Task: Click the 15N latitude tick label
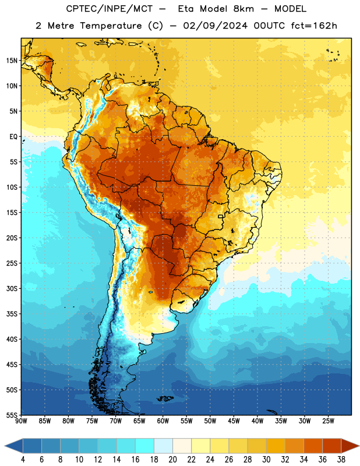click(12, 61)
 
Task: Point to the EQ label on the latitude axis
click(13, 137)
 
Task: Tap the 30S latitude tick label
click(12, 288)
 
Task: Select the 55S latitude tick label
click(12, 415)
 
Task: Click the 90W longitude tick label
click(21, 421)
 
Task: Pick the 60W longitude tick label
click(163, 421)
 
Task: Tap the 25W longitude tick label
click(328, 421)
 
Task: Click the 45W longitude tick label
click(234, 421)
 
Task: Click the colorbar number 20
click(172, 460)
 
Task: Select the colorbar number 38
click(341, 460)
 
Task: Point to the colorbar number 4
click(23, 460)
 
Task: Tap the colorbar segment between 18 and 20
click(163, 446)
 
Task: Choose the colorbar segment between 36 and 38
click(332, 446)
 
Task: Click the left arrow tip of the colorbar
click(5, 446)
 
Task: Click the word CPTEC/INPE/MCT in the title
click(110, 9)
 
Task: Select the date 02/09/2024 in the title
click(215, 26)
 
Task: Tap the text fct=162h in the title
click(314, 26)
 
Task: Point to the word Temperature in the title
click(111, 26)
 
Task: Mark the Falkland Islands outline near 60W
click(165, 398)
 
